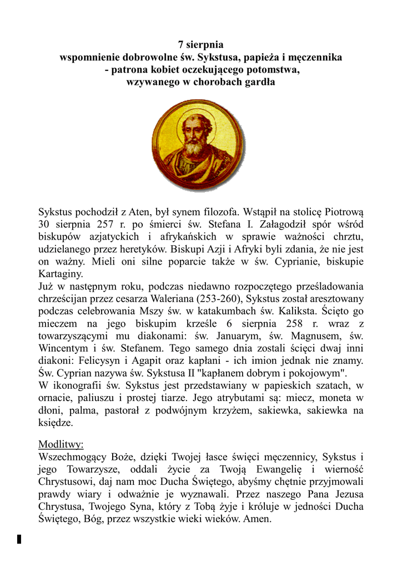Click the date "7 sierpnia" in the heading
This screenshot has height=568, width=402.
coord(200,45)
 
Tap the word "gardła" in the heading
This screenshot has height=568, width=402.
coord(257,82)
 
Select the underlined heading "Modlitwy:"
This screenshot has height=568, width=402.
coord(61,444)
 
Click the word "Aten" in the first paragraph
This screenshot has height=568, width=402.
coord(139,211)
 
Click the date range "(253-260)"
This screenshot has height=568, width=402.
coord(216,300)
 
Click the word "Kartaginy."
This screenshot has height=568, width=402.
coord(61,274)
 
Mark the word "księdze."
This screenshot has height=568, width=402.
coord(56,422)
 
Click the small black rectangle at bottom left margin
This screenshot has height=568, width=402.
coord(19,539)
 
